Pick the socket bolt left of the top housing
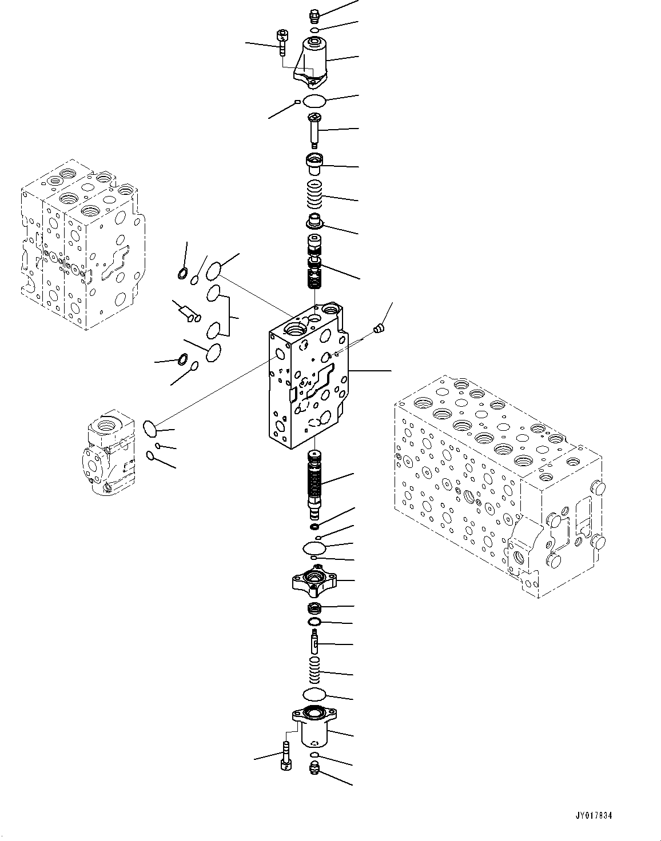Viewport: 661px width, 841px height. [282, 41]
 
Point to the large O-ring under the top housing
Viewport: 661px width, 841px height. [314, 102]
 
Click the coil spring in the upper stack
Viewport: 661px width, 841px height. [315, 194]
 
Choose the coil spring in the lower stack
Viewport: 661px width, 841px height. [315, 670]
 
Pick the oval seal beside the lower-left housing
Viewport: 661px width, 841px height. [149, 427]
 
